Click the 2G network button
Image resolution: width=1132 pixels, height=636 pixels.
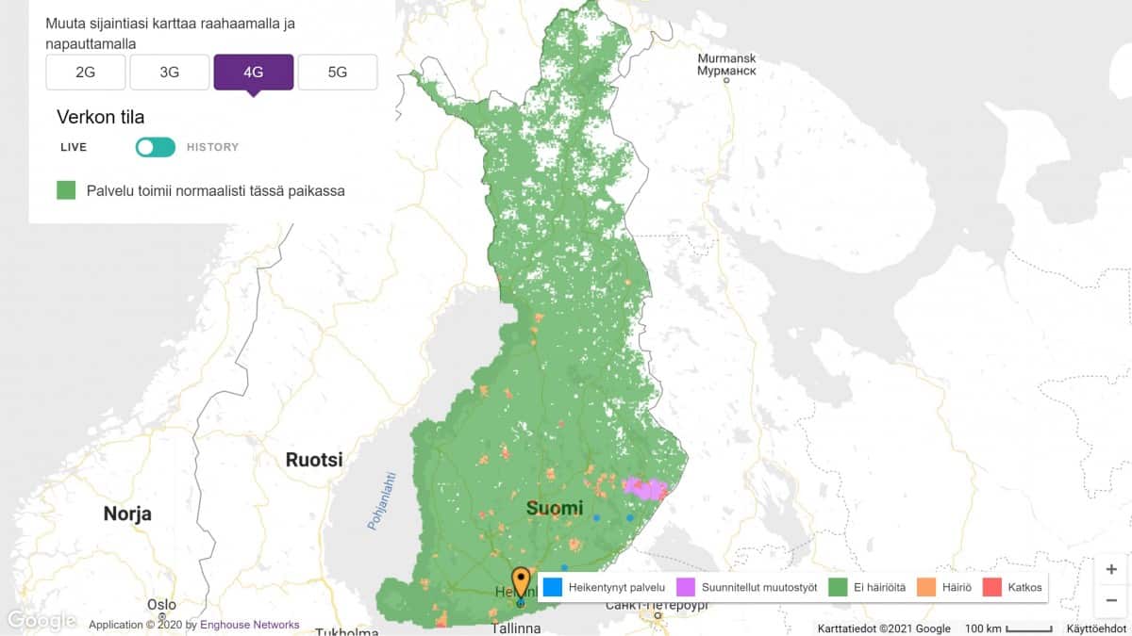click(85, 72)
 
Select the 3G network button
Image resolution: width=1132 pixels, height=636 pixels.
click(169, 72)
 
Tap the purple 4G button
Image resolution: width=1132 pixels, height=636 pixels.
click(253, 72)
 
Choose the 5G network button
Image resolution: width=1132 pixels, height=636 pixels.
click(337, 72)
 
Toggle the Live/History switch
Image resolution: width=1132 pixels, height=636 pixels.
click(155, 147)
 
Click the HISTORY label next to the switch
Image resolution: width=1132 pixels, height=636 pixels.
click(212, 147)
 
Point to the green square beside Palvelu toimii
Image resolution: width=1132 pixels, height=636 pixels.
click(66, 190)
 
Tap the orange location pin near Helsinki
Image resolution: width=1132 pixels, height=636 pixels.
click(521, 581)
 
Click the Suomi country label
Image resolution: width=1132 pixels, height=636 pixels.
click(554, 509)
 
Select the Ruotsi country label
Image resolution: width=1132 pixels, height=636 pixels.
click(314, 461)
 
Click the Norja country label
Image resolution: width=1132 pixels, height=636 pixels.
click(127, 514)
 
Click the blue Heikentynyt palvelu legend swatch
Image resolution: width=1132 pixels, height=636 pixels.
click(553, 587)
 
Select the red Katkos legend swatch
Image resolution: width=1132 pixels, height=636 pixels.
click(991, 587)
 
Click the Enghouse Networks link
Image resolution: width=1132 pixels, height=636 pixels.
click(250, 625)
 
